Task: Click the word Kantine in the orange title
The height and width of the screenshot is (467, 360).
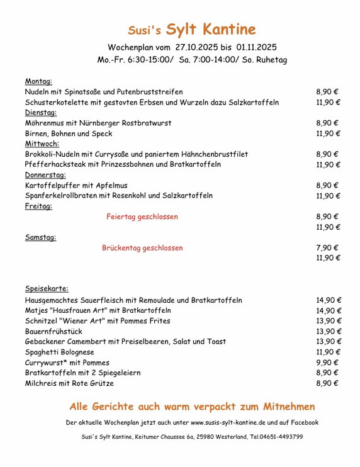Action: point(228,29)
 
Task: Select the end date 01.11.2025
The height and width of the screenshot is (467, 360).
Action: point(257,47)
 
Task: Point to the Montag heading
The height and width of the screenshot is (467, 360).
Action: point(38,81)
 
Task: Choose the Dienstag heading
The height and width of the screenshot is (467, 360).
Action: point(40,113)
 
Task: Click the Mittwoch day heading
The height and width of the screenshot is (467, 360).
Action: point(42,143)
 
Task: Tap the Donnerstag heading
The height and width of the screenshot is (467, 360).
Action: point(45,175)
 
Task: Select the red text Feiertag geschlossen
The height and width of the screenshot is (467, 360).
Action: point(142,217)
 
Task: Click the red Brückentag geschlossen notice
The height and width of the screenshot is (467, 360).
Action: point(142,248)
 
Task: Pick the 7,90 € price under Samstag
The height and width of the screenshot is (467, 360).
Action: point(327,248)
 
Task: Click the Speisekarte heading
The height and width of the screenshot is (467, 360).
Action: point(47,288)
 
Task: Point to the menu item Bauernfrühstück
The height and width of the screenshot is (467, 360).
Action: point(53,331)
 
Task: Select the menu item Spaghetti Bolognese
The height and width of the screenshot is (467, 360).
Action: point(59,352)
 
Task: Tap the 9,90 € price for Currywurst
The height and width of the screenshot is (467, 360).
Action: point(327,363)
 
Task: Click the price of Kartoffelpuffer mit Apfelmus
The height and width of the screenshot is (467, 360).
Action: point(327,186)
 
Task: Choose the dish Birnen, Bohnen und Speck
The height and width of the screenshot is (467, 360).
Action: point(69,133)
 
